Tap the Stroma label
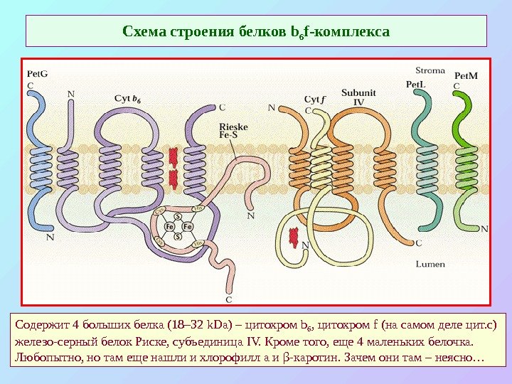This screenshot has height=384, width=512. (x=430, y=70)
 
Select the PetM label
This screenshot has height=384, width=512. (x=465, y=75)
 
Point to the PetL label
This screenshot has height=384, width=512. (x=415, y=83)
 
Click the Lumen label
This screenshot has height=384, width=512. (x=430, y=264)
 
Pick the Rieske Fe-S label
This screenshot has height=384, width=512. (x=234, y=129)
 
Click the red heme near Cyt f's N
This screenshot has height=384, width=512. (x=294, y=238)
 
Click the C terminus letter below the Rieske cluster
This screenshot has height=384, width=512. (x=229, y=289)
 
